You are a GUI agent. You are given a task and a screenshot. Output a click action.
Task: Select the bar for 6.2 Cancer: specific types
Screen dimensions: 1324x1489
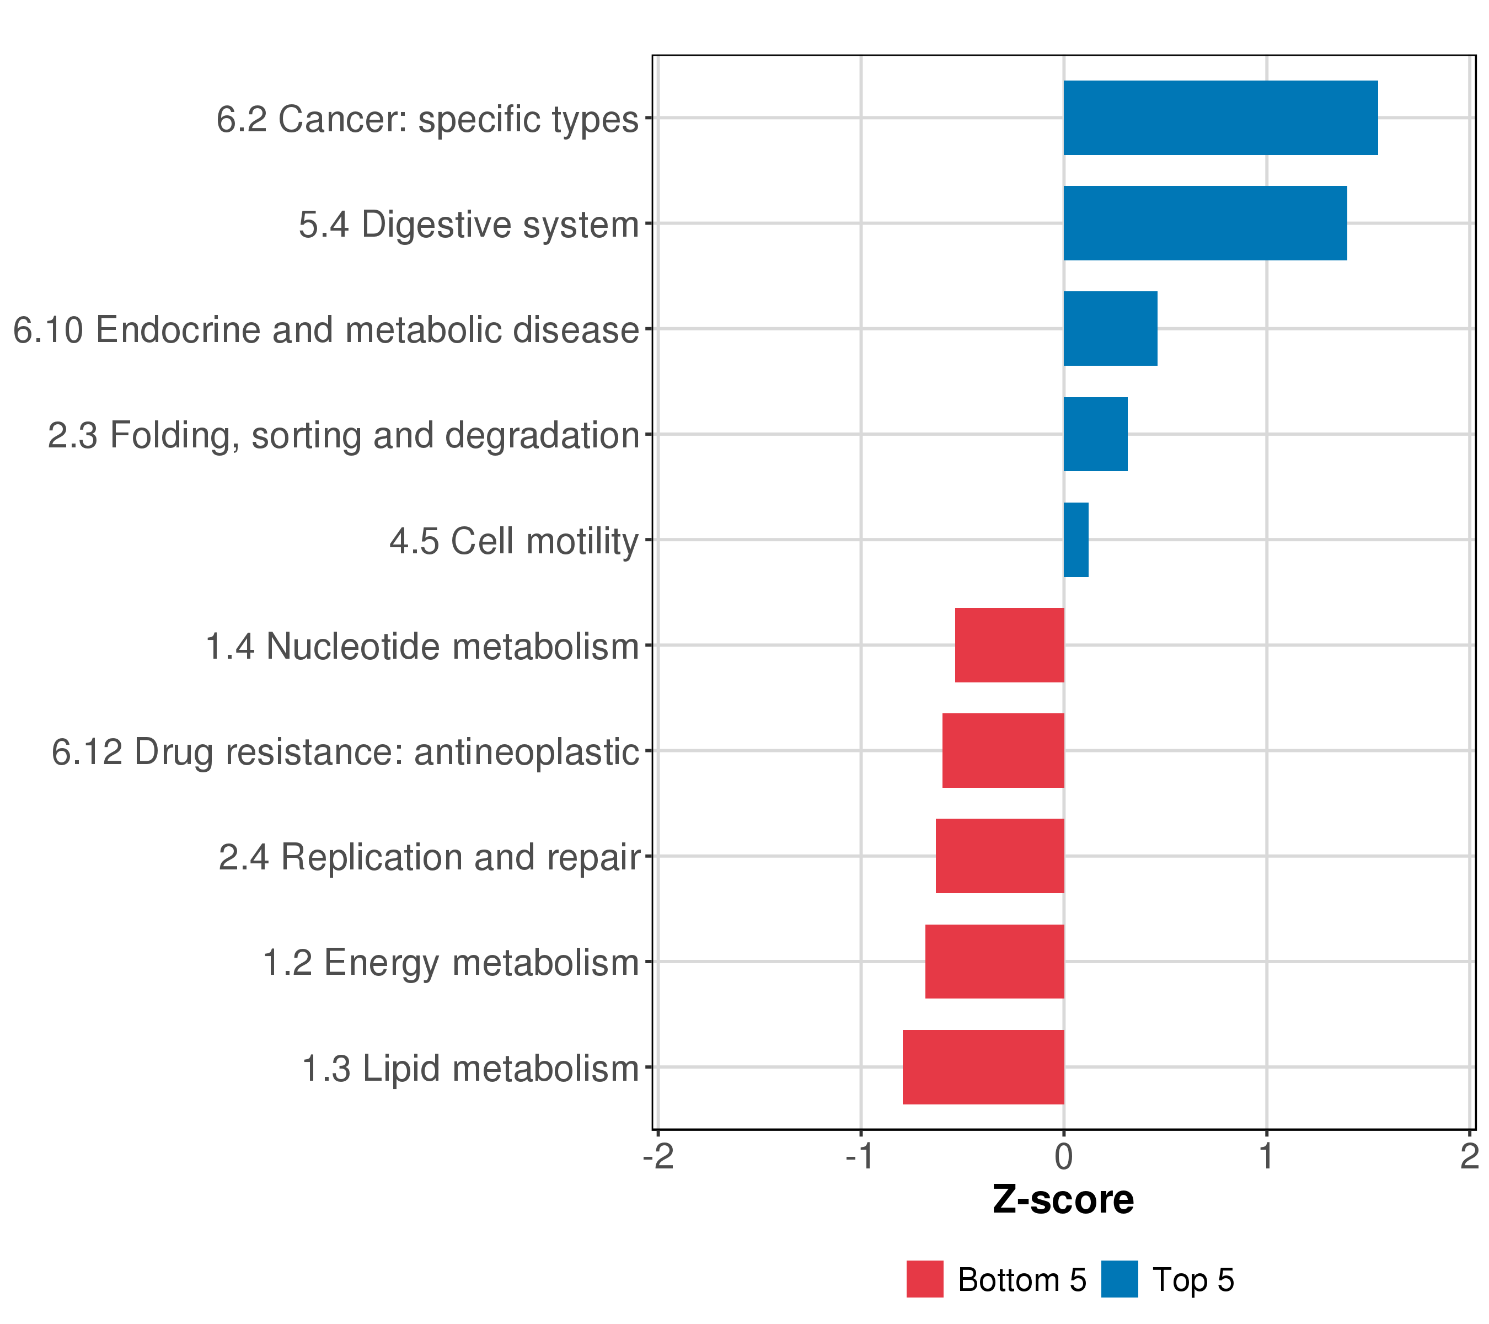pyautogui.click(x=1220, y=118)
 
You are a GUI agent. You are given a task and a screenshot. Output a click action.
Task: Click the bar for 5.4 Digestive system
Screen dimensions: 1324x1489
pyautogui.click(x=1205, y=223)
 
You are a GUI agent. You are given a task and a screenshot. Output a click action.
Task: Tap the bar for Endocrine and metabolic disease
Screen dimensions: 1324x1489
pyautogui.click(x=1110, y=329)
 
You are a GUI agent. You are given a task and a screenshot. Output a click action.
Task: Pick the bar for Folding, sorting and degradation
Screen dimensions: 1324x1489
pyautogui.click(x=1096, y=434)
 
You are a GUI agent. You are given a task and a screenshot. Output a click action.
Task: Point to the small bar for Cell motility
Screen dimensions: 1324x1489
pyautogui.click(x=1076, y=540)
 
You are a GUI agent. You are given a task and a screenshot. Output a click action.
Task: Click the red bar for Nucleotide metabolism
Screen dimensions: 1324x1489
pyautogui.click(x=1010, y=645)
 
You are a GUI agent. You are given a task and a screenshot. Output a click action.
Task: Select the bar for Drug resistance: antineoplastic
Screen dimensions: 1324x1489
pyautogui.click(x=1003, y=750)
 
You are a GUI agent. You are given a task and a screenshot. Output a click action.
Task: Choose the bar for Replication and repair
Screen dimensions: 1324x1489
pyautogui.click(x=1000, y=856)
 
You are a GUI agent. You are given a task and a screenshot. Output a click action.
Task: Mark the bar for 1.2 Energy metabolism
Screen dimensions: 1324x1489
pyautogui.click(x=994, y=962)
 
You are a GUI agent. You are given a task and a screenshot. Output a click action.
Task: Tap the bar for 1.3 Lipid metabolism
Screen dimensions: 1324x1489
pyautogui.click(x=983, y=1067)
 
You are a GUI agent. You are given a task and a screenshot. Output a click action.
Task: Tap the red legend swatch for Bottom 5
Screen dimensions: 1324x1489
pyautogui.click(x=924, y=1279)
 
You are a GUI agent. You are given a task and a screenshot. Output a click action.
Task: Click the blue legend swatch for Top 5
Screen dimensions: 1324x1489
pyautogui.click(x=1120, y=1279)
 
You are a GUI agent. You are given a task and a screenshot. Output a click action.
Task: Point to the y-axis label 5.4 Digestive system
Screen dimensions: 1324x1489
pyautogui.click(x=468, y=225)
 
